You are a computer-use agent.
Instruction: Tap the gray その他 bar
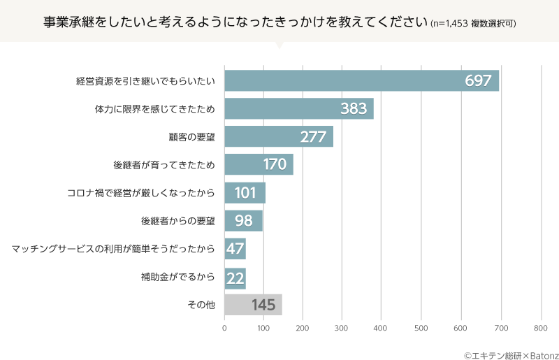pos(253,305)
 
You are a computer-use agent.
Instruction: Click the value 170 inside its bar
pos(275,165)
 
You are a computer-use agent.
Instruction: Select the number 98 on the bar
pos(244,221)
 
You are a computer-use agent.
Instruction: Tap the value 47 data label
pos(235,249)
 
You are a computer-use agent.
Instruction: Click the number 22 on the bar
pos(235,278)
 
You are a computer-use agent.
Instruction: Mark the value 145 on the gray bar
pos(264,305)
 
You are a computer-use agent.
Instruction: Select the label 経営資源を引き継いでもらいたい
pos(145,80)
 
